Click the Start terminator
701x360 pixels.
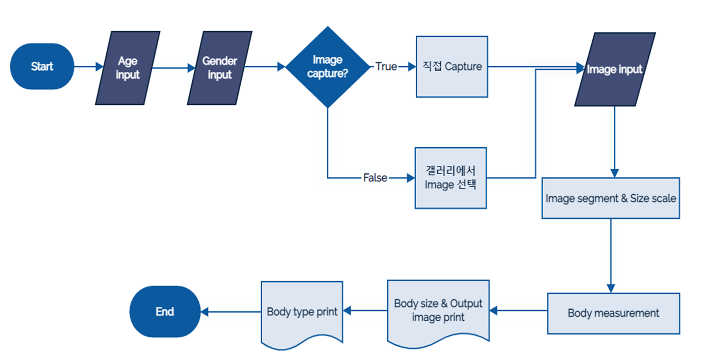(x=42, y=67)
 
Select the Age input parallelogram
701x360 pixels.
(x=127, y=68)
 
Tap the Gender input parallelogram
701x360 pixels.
(x=220, y=68)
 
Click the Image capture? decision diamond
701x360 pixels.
(x=327, y=67)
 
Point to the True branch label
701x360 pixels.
(x=386, y=67)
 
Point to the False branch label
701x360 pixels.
(x=375, y=178)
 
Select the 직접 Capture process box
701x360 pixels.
(x=451, y=67)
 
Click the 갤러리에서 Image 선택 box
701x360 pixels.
(x=451, y=178)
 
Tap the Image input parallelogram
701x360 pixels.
(x=615, y=69)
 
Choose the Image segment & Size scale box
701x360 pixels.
(x=610, y=199)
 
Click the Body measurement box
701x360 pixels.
(x=613, y=313)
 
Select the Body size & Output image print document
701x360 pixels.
(x=438, y=310)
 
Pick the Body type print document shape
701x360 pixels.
(x=302, y=312)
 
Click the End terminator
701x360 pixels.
(x=165, y=312)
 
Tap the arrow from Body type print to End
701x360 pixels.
(x=230, y=312)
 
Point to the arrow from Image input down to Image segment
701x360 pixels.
(x=615, y=142)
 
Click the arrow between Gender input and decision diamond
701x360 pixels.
(x=265, y=67)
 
